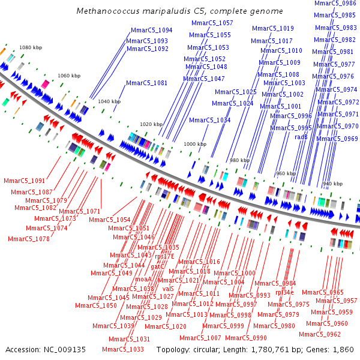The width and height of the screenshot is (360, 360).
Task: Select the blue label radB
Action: pyautogui.click(x=301, y=137)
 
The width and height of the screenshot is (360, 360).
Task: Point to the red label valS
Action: pyautogui.click(x=168, y=289)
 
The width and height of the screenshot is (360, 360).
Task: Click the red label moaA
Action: pyautogui.click(x=143, y=279)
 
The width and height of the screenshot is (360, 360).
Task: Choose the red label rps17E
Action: pyautogui.click(x=164, y=256)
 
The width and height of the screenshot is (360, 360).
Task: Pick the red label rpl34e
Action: pyautogui.click(x=284, y=292)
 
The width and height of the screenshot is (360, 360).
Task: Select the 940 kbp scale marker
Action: pyautogui.click(x=334, y=184)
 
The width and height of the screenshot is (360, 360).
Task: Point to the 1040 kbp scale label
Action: pyautogui.click(x=110, y=102)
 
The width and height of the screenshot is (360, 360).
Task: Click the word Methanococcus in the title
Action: pyautogui.click(x=106, y=11)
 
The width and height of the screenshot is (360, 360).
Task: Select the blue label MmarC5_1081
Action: pyautogui.click(x=147, y=83)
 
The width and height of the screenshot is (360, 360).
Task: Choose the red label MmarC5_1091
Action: pyautogui.click(x=24, y=181)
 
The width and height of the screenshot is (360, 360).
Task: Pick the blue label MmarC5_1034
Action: pyautogui.click(x=209, y=121)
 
